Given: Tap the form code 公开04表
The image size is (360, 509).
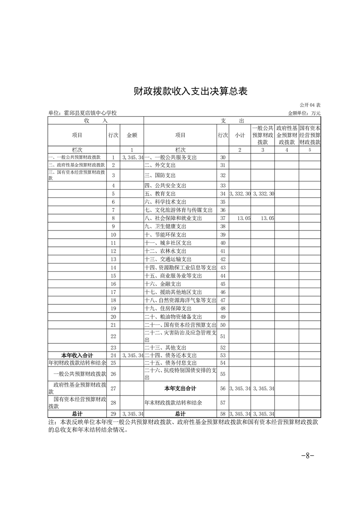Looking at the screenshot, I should pos(310,105).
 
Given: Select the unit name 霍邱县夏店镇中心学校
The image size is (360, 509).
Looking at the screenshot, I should pos(82,113).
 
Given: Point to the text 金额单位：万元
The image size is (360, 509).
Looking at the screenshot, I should pos(304,113).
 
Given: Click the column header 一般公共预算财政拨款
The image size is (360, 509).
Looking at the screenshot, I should pos(263,135).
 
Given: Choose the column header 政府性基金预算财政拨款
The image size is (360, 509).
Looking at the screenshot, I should pos(287,135).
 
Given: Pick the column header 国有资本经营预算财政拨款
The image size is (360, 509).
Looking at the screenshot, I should pos(310,135).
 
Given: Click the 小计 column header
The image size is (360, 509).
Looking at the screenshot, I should pos(240,135).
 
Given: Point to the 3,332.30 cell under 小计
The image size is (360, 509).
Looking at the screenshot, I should pos(240,194).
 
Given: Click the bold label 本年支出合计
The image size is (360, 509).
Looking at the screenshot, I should pos(180,388).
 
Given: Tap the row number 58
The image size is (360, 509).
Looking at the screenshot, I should pos(222,414).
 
